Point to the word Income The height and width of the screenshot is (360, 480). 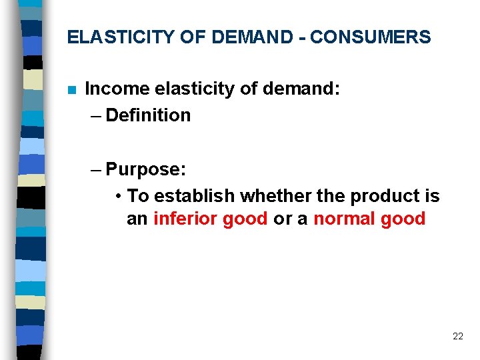[117, 89]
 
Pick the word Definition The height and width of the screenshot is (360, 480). [148, 115]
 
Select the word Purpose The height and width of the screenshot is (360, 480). [143, 169]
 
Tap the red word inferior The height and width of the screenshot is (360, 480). [188, 219]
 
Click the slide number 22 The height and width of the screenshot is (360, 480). [457, 336]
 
